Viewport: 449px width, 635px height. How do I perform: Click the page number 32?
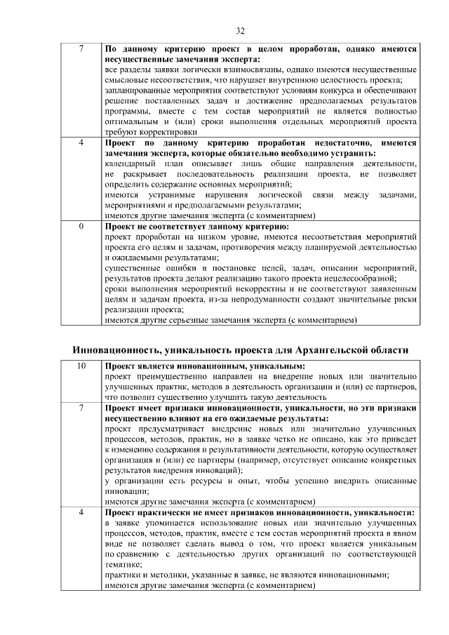coord(240,31)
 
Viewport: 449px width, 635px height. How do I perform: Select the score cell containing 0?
coord(81,227)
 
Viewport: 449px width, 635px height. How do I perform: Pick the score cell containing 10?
coord(81,367)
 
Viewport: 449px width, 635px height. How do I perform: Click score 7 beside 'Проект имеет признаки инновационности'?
coord(81,407)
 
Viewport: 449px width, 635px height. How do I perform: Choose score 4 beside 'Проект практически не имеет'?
coord(81,512)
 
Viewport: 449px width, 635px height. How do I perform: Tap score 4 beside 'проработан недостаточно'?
coord(81,142)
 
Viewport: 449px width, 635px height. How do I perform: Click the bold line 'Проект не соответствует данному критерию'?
coord(196,227)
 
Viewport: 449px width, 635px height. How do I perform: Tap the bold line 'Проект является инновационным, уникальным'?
coord(205,367)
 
